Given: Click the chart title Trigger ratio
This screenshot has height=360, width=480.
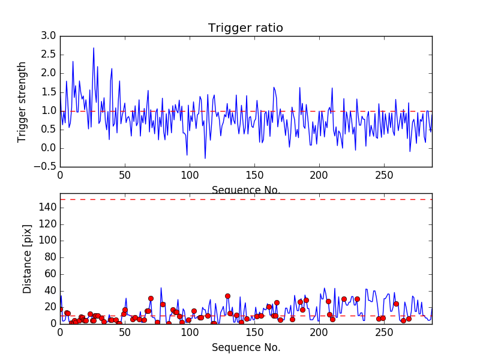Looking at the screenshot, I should coord(245,28).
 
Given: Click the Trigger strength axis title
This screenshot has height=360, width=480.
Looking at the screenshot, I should coord(22,101).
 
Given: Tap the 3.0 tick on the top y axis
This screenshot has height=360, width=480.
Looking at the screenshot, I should coord(49,36).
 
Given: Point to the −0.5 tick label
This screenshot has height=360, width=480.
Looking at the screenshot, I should coord(45,167).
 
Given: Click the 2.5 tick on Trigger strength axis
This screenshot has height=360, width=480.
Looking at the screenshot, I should coord(49,55).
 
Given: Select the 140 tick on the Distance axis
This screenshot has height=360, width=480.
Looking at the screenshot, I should coord(47,208).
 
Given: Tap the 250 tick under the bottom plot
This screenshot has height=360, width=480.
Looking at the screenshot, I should coord(384,332).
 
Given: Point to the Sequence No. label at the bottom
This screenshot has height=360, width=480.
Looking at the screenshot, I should coord(246,347).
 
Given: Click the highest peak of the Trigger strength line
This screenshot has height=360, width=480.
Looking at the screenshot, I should coord(94,48).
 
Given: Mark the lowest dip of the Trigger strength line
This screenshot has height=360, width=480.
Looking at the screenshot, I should coord(205,158).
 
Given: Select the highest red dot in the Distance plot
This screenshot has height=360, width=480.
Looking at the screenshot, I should coord(227,296).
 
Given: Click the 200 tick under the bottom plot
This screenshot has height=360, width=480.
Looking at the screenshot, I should coord(319,332).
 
